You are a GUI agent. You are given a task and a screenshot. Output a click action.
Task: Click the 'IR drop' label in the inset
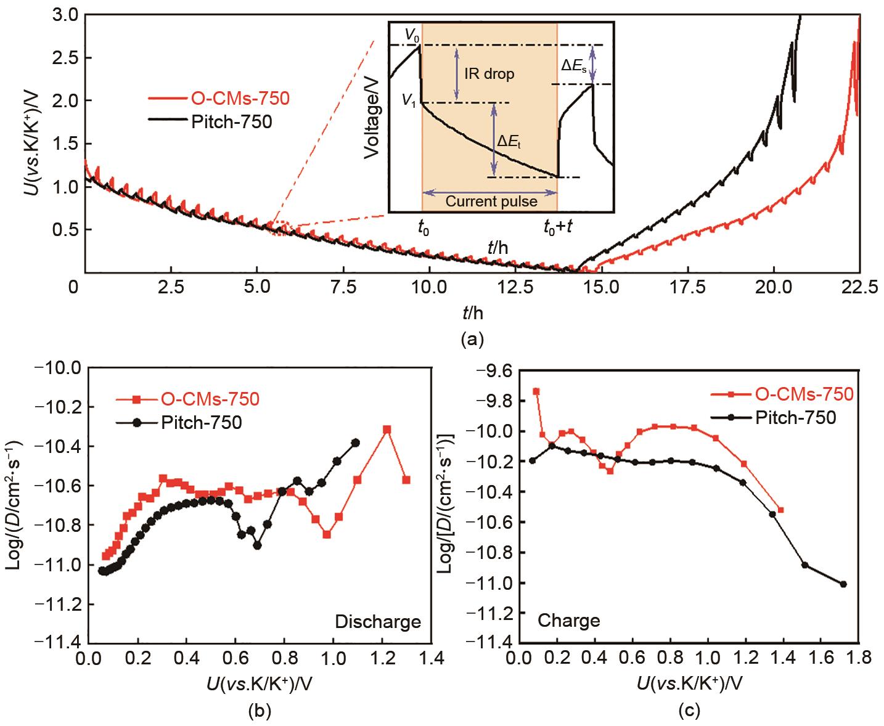click(487, 75)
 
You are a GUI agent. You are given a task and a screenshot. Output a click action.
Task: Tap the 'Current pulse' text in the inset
click(491, 201)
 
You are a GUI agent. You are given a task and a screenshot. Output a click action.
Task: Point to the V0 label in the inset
click(411, 36)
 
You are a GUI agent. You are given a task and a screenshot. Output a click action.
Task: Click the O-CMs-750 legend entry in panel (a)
click(228, 98)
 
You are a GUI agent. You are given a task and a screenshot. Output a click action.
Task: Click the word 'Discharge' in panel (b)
click(378, 622)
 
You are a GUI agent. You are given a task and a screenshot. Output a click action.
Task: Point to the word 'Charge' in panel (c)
click(569, 621)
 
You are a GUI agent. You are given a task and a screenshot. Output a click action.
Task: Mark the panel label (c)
click(689, 711)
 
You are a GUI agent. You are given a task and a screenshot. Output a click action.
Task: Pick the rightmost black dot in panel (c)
click(843, 584)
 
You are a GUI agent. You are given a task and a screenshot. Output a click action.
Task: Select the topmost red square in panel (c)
click(536, 391)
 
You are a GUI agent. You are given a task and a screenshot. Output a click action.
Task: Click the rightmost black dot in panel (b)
click(356, 443)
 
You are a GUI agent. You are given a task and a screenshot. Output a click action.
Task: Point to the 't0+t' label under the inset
click(558, 228)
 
